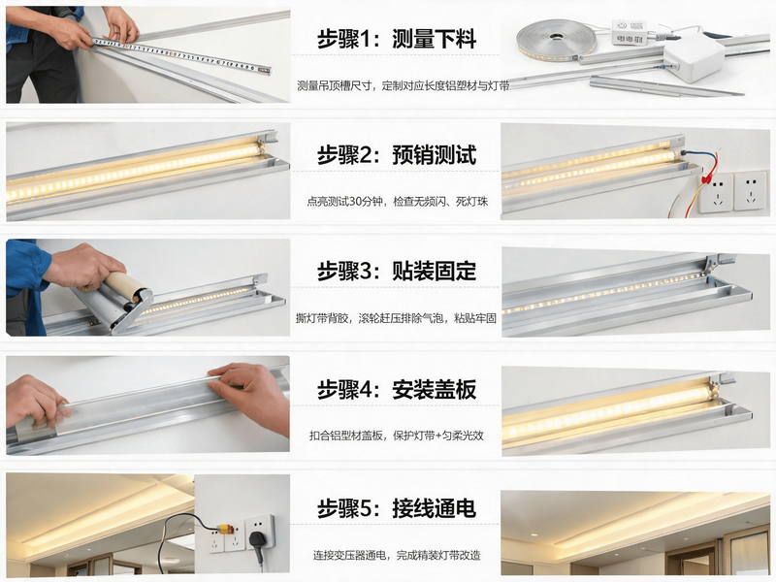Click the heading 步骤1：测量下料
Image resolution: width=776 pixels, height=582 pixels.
397,39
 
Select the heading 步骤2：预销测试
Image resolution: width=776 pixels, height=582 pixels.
397,155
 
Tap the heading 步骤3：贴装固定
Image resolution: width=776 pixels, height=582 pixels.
397,272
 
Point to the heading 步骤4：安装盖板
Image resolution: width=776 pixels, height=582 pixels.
397,390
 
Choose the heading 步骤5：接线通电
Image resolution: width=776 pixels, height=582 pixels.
397,508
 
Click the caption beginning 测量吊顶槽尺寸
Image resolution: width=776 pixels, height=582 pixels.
404,85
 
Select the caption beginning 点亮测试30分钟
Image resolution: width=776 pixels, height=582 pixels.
398,202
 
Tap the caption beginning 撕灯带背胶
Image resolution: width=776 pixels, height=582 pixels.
396,318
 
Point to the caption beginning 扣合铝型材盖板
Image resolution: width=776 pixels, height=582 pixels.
397,436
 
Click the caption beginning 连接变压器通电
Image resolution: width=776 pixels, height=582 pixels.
397,555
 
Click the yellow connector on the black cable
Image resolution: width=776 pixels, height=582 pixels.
227,530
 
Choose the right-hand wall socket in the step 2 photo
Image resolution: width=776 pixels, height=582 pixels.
751,190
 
